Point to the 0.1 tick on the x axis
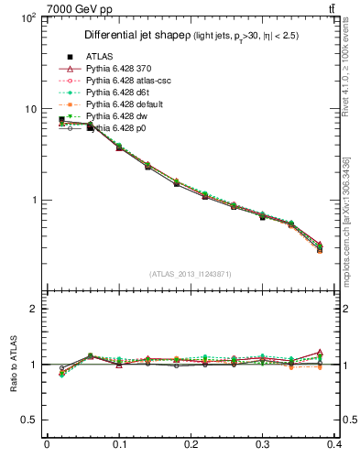click(119, 447)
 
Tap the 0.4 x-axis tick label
click(336, 447)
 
